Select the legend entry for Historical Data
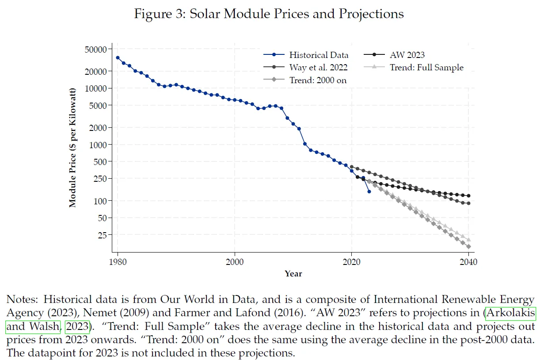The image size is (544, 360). pos(319,55)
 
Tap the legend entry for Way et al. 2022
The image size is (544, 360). pos(318,68)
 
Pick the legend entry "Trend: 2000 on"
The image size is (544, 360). pos(318,80)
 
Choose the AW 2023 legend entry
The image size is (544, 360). pos(407,55)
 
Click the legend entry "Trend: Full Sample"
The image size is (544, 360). pos(426,68)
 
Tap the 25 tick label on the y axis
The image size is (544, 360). pos(102,235)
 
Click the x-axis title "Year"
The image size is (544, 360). pos(293,274)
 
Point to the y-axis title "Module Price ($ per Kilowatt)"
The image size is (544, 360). pos(73,148)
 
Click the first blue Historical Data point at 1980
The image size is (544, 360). pos(118,57)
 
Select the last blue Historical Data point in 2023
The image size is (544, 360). pos(369,191)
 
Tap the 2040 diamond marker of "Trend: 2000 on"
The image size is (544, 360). pos(468,246)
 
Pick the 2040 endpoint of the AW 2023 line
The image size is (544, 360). pos(468,195)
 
